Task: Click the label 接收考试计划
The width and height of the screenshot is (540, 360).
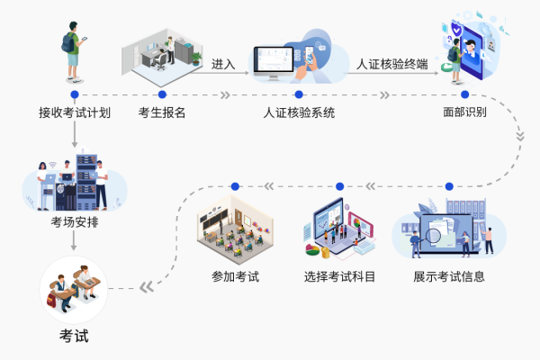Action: (x=75, y=114)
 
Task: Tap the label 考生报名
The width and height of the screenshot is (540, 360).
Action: (x=162, y=114)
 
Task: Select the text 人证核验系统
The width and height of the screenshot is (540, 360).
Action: (x=299, y=114)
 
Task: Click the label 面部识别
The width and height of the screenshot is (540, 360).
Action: (x=465, y=114)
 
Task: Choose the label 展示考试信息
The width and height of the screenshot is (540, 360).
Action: (x=449, y=276)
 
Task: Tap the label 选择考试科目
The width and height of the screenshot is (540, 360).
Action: (x=340, y=276)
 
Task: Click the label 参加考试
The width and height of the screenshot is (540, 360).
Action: (x=235, y=276)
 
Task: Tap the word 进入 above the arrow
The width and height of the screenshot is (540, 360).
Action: (x=224, y=65)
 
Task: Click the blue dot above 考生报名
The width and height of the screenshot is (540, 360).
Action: (x=162, y=94)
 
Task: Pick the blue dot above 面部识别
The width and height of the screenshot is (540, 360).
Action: (x=465, y=94)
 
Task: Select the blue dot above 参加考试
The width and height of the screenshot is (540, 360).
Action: (x=235, y=186)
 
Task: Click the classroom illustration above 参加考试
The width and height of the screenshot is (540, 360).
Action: (x=235, y=229)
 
